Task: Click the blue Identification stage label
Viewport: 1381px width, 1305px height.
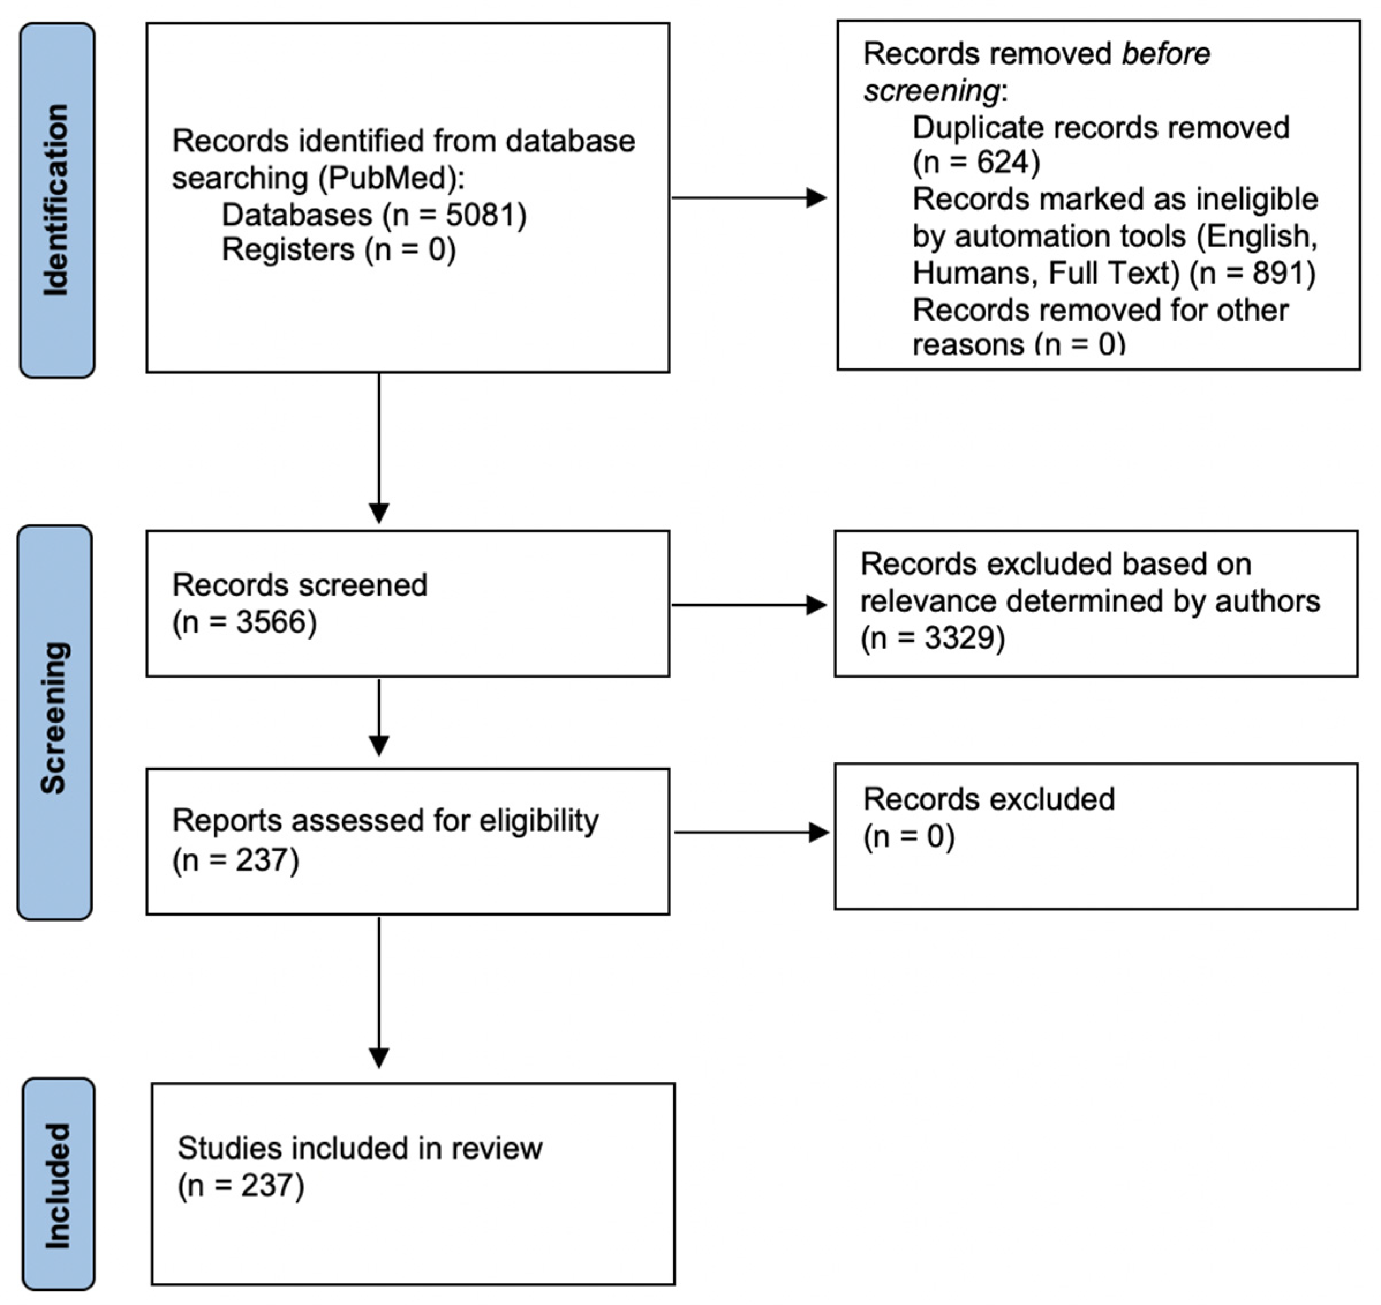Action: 57,200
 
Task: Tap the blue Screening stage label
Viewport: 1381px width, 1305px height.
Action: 54,722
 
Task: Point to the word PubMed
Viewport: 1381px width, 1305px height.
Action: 390,178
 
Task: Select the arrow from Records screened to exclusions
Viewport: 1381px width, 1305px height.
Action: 748,605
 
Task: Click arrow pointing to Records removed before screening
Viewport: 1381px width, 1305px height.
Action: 748,198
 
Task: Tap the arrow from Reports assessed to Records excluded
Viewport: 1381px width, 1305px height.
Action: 751,833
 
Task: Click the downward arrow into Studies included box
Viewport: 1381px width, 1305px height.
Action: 379,995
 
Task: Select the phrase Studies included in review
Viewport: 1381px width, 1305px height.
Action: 360,1149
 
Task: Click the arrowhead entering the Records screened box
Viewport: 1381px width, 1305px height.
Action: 379,513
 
